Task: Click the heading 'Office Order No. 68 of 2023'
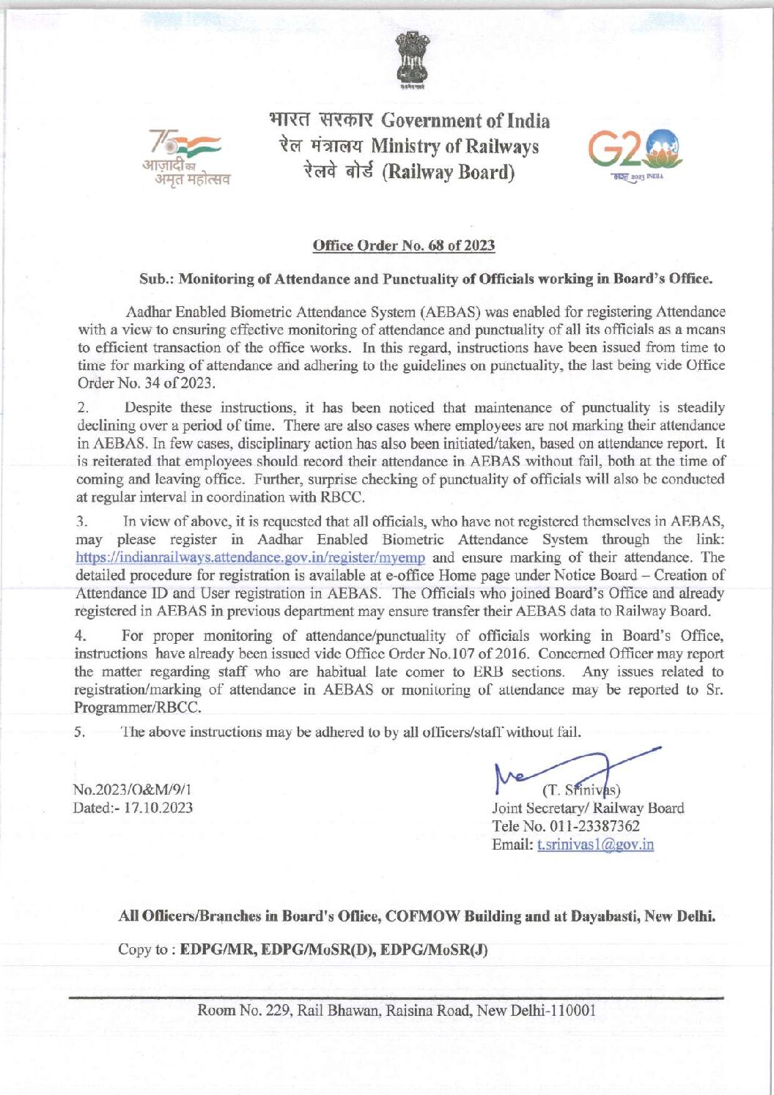click(404, 245)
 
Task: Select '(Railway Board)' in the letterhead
click(450, 173)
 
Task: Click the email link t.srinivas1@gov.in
click(595, 844)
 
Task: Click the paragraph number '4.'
click(81, 636)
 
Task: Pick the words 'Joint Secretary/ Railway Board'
click(588, 809)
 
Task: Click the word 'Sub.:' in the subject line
click(156, 279)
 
